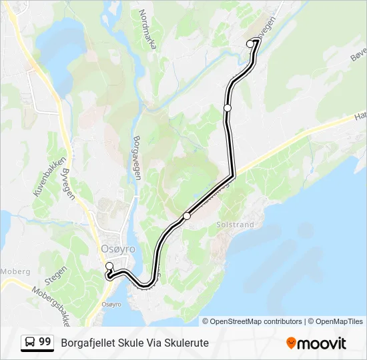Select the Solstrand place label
tap(235, 225)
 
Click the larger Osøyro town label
tap(117, 249)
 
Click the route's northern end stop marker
tap(251, 44)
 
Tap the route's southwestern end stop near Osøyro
tap(109, 267)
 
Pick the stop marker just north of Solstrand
tap(187, 216)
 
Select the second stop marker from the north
tap(228, 107)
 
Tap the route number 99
tap(45, 342)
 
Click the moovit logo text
tap(322, 343)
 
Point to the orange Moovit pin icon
tap(291, 343)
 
